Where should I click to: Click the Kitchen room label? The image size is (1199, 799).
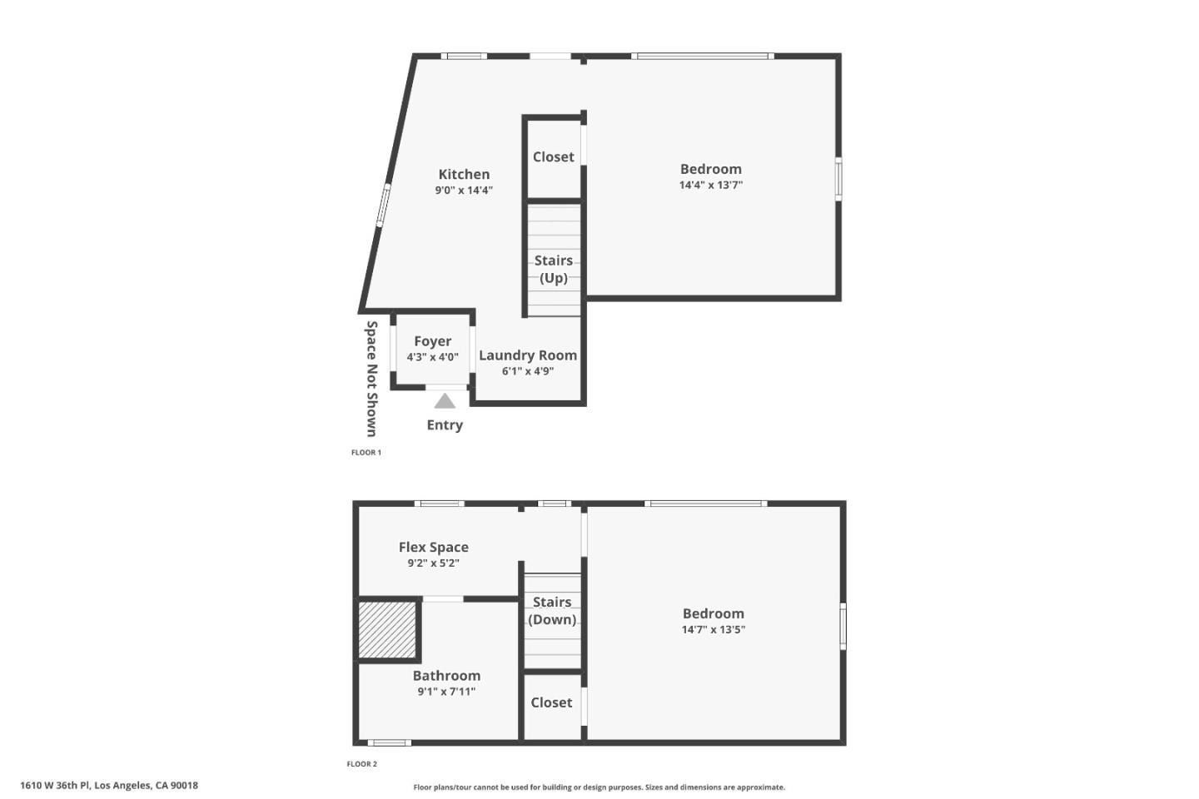tap(464, 174)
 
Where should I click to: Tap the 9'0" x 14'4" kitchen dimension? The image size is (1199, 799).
tap(464, 191)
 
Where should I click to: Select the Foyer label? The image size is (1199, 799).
tap(432, 341)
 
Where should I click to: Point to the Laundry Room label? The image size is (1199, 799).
tap(528, 355)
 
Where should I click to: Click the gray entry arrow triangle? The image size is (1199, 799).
tap(445, 402)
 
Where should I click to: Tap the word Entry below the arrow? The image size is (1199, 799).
tap(445, 424)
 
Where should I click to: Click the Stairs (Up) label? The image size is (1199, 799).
tap(554, 269)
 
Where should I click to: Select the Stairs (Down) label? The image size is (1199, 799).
tap(552, 611)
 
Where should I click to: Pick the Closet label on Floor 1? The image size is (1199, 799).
tap(554, 156)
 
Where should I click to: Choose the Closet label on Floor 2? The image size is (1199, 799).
tap(551, 702)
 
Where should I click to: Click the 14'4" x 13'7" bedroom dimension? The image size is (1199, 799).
tap(710, 186)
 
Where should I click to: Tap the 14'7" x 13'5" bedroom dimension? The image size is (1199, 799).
tap(713, 630)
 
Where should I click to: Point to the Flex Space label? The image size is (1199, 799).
tap(433, 547)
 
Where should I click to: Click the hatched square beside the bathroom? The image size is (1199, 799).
tap(387, 629)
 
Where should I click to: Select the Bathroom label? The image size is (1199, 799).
tap(446, 676)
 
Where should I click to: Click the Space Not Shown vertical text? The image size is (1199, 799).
tap(371, 379)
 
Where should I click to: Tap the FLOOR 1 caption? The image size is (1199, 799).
tap(366, 453)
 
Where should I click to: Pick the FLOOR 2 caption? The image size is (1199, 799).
tap(362, 764)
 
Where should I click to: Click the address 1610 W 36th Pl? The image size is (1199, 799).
tap(109, 785)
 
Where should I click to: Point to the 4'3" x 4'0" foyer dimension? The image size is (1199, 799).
tap(432, 357)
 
